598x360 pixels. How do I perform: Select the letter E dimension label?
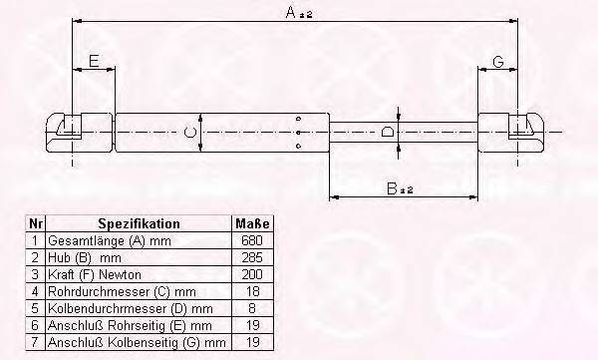tap(93, 62)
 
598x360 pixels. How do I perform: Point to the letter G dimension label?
tap(498, 62)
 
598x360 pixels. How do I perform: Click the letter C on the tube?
tap(189, 131)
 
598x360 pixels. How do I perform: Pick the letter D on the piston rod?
tap(387, 131)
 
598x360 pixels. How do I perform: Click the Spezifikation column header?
tap(140, 224)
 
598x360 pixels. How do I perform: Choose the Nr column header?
tap(37, 224)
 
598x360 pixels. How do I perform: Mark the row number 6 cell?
tap(37, 325)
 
